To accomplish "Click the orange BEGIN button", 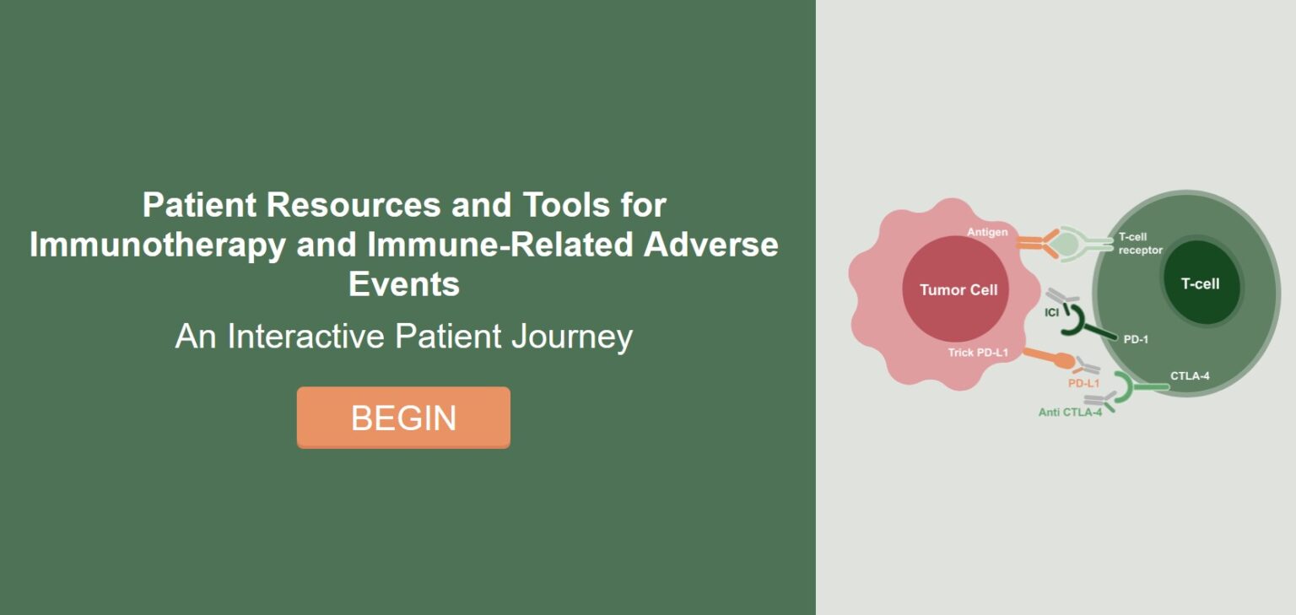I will pos(403,418).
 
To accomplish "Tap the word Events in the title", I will pos(404,284).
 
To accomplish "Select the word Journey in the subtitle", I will pos(571,337).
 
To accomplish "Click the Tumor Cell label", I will pos(958,289).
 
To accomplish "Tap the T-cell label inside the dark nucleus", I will pos(1200,283).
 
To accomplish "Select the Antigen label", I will pos(987,232).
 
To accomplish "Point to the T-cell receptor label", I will pos(1140,243).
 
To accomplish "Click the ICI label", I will pos(1051,313).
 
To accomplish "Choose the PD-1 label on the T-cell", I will pos(1136,339).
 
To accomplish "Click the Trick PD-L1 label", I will pos(978,352).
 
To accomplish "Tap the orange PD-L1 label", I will pos(1083,383).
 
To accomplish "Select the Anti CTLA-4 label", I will pos(1070,413).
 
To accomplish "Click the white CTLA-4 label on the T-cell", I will pos(1190,375).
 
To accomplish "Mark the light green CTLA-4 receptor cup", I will pos(1127,387).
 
